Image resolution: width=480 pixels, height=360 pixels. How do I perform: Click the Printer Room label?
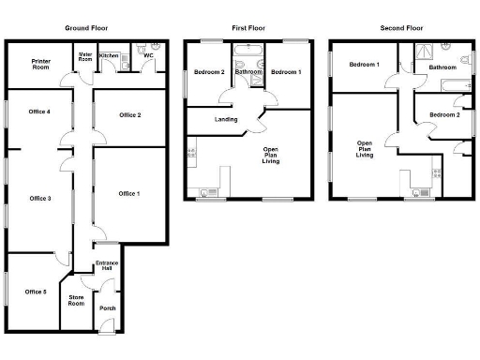point(40,65)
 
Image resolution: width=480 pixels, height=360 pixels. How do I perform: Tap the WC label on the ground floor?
point(148,55)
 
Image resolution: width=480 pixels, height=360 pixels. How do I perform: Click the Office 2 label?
point(129,115)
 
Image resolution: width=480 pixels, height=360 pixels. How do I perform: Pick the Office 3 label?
point(39,199)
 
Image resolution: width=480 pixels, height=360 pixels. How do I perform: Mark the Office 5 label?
point(36,292)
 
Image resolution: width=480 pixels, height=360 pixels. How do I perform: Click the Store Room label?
point(77,301)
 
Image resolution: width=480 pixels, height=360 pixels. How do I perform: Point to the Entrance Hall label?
point(108,265)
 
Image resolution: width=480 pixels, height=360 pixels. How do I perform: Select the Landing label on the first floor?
point(225,119)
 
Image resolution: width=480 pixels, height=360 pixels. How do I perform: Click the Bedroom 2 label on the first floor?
point(208,72)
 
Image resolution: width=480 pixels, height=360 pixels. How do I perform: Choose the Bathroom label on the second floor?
point(442,67)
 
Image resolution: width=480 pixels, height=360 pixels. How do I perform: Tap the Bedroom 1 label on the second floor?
point(364,64)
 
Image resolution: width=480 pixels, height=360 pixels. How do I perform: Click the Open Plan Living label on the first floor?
point(271,156)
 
